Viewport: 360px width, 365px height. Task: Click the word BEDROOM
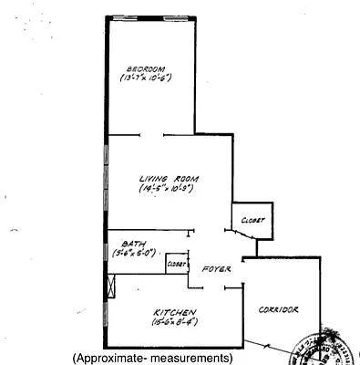click(145, 69)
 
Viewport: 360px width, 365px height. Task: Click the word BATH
click(132, 244)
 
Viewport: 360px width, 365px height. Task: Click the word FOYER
click(216, 270)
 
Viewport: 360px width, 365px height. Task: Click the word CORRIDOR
click(278, 310)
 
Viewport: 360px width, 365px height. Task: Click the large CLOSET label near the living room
click(252, 220)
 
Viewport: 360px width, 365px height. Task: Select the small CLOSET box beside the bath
click(176, 263)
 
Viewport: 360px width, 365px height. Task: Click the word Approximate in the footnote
click(114, 358)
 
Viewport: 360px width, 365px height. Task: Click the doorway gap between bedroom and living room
click(152, 136)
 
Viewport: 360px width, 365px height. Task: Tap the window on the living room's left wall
click(108, 182)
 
